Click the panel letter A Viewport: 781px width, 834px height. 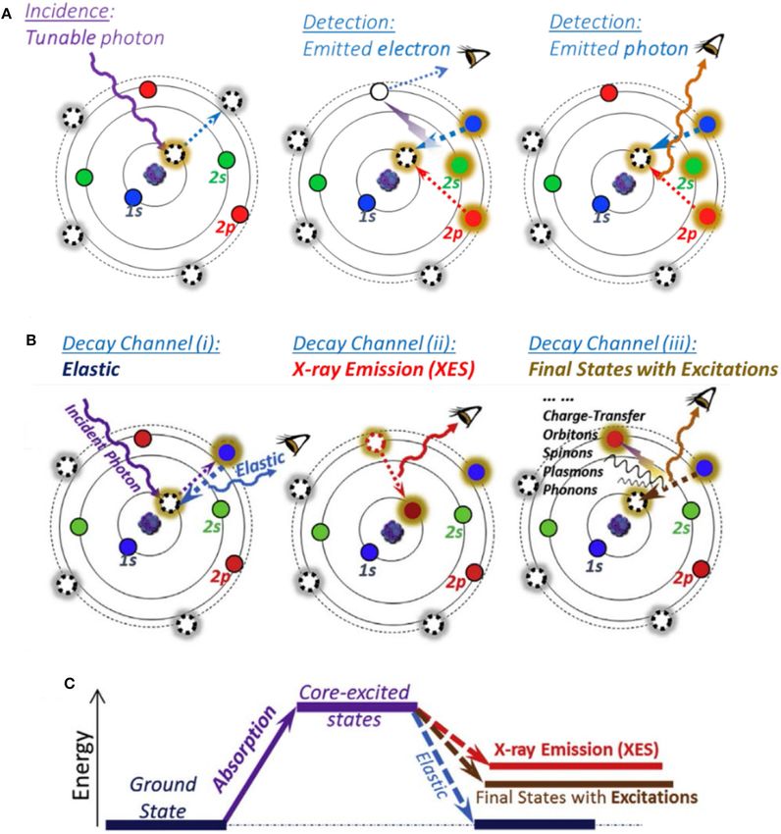(x=7, y=15)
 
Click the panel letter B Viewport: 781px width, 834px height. (x=30, y=339)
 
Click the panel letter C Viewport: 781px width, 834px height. (x=69, y=683)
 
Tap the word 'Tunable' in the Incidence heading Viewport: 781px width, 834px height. (x=61, y=37)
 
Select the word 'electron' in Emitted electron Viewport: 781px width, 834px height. (x=413, y=49)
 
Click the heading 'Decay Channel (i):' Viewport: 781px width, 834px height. (x=140, y=343)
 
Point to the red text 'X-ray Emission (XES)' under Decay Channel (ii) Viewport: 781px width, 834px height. (x=383, y=369)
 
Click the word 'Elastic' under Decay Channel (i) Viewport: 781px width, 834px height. (x=90, y=369)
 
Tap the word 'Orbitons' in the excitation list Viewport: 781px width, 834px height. (x=570, y=435)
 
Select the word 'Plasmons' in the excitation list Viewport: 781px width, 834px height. (x=573, y=471)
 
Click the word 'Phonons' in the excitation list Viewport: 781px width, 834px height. (x=570, y=490)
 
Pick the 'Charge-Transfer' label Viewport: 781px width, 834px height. (x=594, y=415)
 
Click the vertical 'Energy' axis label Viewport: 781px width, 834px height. (x=82, y=765)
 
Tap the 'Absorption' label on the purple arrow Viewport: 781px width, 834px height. (x=244, y=749)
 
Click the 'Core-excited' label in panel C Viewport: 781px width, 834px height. (x=354, y=693)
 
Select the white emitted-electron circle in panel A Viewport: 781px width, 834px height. (x=380, y=91)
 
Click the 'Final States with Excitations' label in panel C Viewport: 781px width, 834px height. (x=587, y=798)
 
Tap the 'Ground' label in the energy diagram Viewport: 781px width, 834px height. (x=163, y=784)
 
